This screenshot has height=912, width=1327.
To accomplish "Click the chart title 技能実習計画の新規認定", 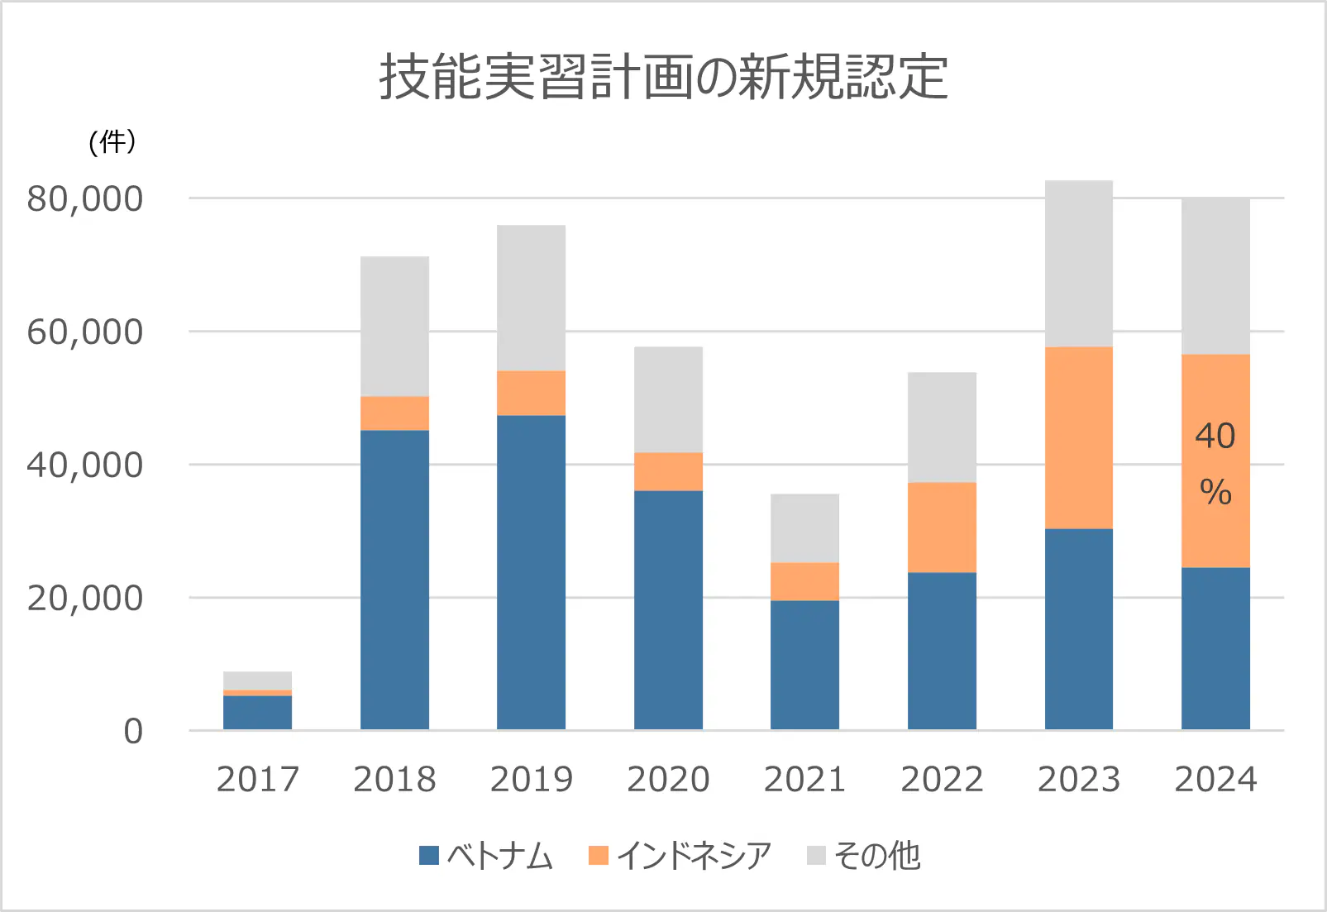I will click(x=663, y=78).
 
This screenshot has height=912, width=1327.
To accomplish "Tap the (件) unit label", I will click(x=112, y=142).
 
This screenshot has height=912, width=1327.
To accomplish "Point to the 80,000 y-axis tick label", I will click(x=85, y=199).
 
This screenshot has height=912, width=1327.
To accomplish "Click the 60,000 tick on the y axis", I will click(x=85, y=332).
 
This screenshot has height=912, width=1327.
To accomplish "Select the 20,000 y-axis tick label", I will click(x=85, y=599).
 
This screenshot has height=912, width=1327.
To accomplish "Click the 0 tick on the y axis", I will click(x=133, y=732).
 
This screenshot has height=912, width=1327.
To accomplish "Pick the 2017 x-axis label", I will click(x=257, y=780).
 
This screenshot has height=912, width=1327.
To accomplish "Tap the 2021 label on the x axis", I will click(x=804, y=780).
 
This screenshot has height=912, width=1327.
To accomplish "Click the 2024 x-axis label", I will click(x=1215, y=780).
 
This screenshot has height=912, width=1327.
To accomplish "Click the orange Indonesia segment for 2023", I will click(x=1078, y=437).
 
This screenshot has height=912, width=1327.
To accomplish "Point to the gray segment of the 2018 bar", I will click(x=394, y=327).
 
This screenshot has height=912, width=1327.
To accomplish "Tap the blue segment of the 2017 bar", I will click(x=257, y=713).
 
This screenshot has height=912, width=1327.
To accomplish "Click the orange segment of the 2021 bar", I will click(x=804, y=581).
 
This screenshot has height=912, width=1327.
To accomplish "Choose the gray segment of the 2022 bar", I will click(x=942, y=427).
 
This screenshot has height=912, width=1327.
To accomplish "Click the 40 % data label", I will click(x=1215, y=464).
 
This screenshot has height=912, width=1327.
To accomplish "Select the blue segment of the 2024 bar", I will click(x=1215, y=648).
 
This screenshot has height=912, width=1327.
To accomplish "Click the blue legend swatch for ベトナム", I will click(x=429, y=856).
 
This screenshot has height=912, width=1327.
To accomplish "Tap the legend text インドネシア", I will click(x=694, y=856).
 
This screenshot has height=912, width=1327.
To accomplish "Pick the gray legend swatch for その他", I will click(x=816, y=856).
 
